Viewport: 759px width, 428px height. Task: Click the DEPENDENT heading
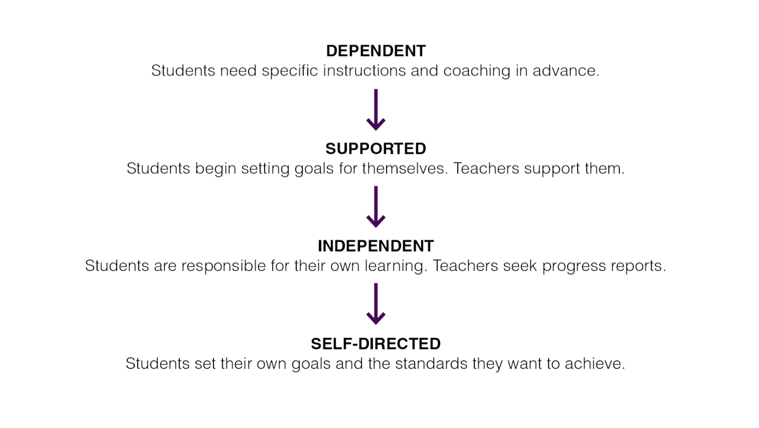tap(376, 51)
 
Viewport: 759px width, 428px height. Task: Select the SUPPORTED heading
tap(376, 149)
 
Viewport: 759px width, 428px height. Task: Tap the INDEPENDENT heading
tap(376, 246)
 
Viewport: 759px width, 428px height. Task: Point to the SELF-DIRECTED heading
tap(376, 344)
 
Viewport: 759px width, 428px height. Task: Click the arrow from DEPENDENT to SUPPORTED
tap(376, 109)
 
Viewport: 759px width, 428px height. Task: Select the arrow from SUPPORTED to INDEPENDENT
tap(376, 207)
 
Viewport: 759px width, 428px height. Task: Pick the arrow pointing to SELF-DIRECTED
tap(376, 304)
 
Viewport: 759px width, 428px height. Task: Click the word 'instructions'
tap(364, 70)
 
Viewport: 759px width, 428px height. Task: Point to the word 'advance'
tap(564, 70)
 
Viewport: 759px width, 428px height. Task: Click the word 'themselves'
tap(404, 168)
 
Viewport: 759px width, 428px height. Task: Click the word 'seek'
tap(520, 265)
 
